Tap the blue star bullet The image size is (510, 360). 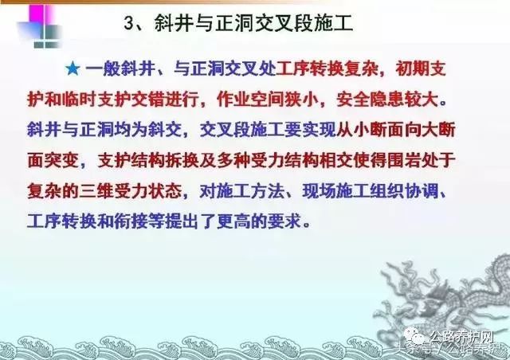73,69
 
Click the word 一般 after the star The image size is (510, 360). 103,68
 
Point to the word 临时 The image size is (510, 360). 80,100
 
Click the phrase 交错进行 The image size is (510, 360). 165,100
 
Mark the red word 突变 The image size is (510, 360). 62,160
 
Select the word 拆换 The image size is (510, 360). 182,160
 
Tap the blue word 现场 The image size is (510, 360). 319,191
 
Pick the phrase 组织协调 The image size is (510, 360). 404,191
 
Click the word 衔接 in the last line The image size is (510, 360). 131,221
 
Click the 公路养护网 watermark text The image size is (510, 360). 461,337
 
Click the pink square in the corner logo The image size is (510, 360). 37,14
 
